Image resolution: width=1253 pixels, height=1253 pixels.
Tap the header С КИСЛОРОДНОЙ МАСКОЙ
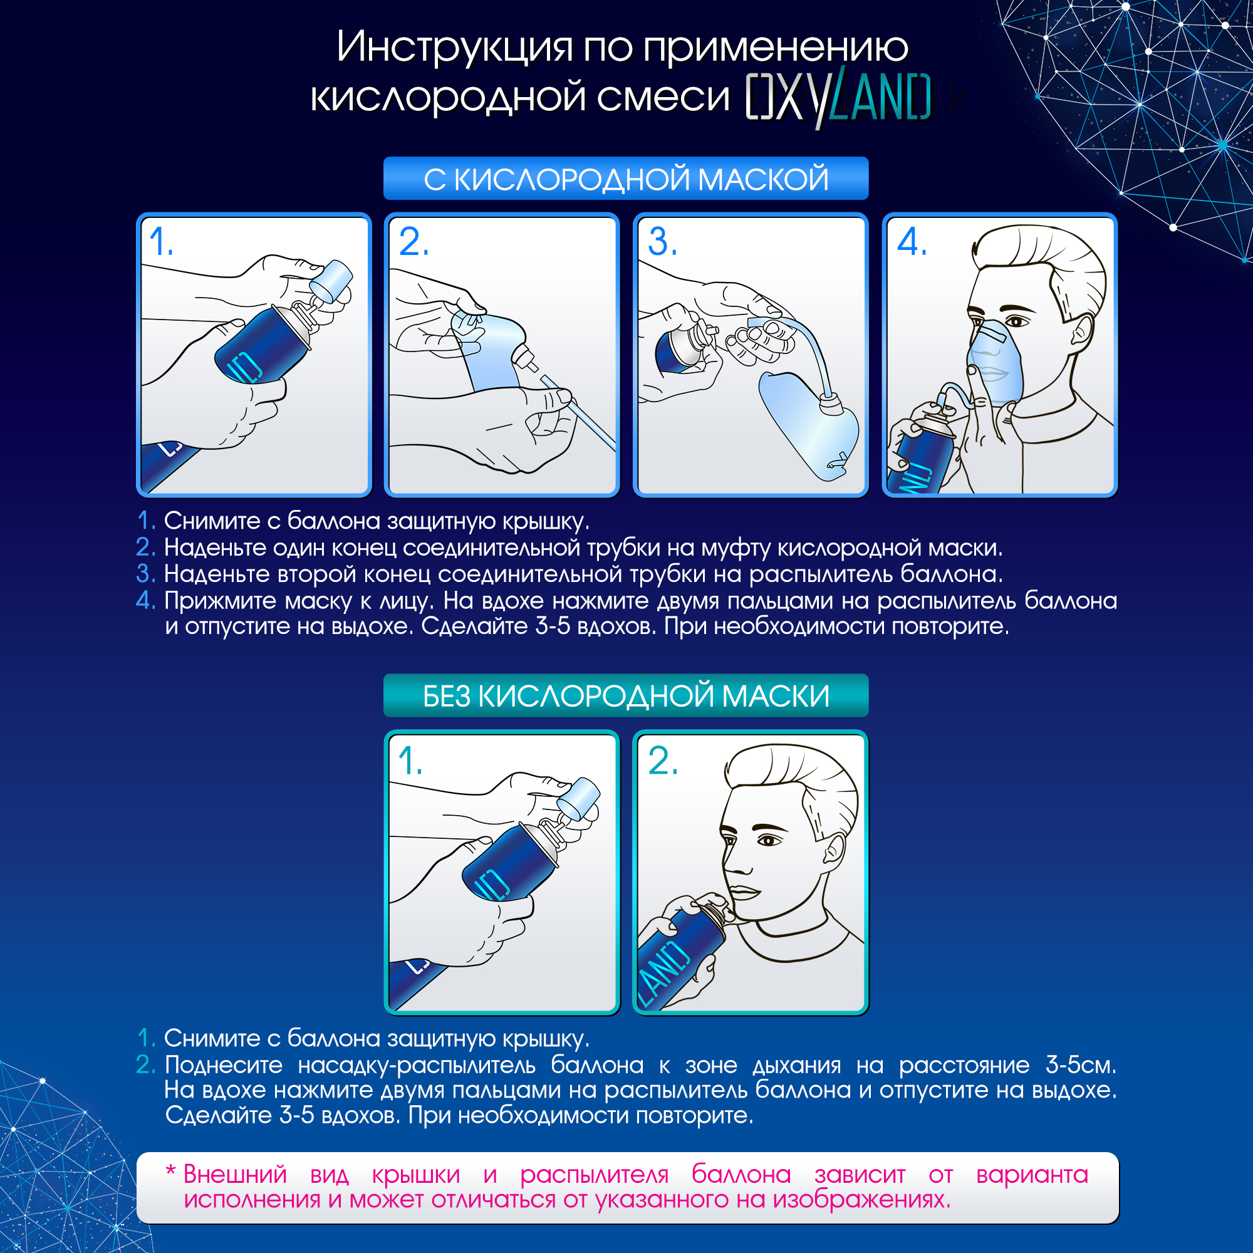pos(626,179)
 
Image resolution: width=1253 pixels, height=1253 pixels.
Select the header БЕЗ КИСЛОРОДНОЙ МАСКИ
pos(626,696)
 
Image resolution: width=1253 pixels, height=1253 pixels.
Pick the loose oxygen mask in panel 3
pos(808,425)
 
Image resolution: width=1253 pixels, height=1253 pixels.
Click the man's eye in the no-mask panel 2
pos(769,841)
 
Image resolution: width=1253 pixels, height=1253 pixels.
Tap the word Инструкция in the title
pos(455,48)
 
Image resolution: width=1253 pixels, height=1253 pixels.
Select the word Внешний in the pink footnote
pos(235,1175)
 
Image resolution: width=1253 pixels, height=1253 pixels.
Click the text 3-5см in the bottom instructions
pos(1081,1064)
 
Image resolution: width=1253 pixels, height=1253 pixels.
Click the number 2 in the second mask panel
pos(413,242)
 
